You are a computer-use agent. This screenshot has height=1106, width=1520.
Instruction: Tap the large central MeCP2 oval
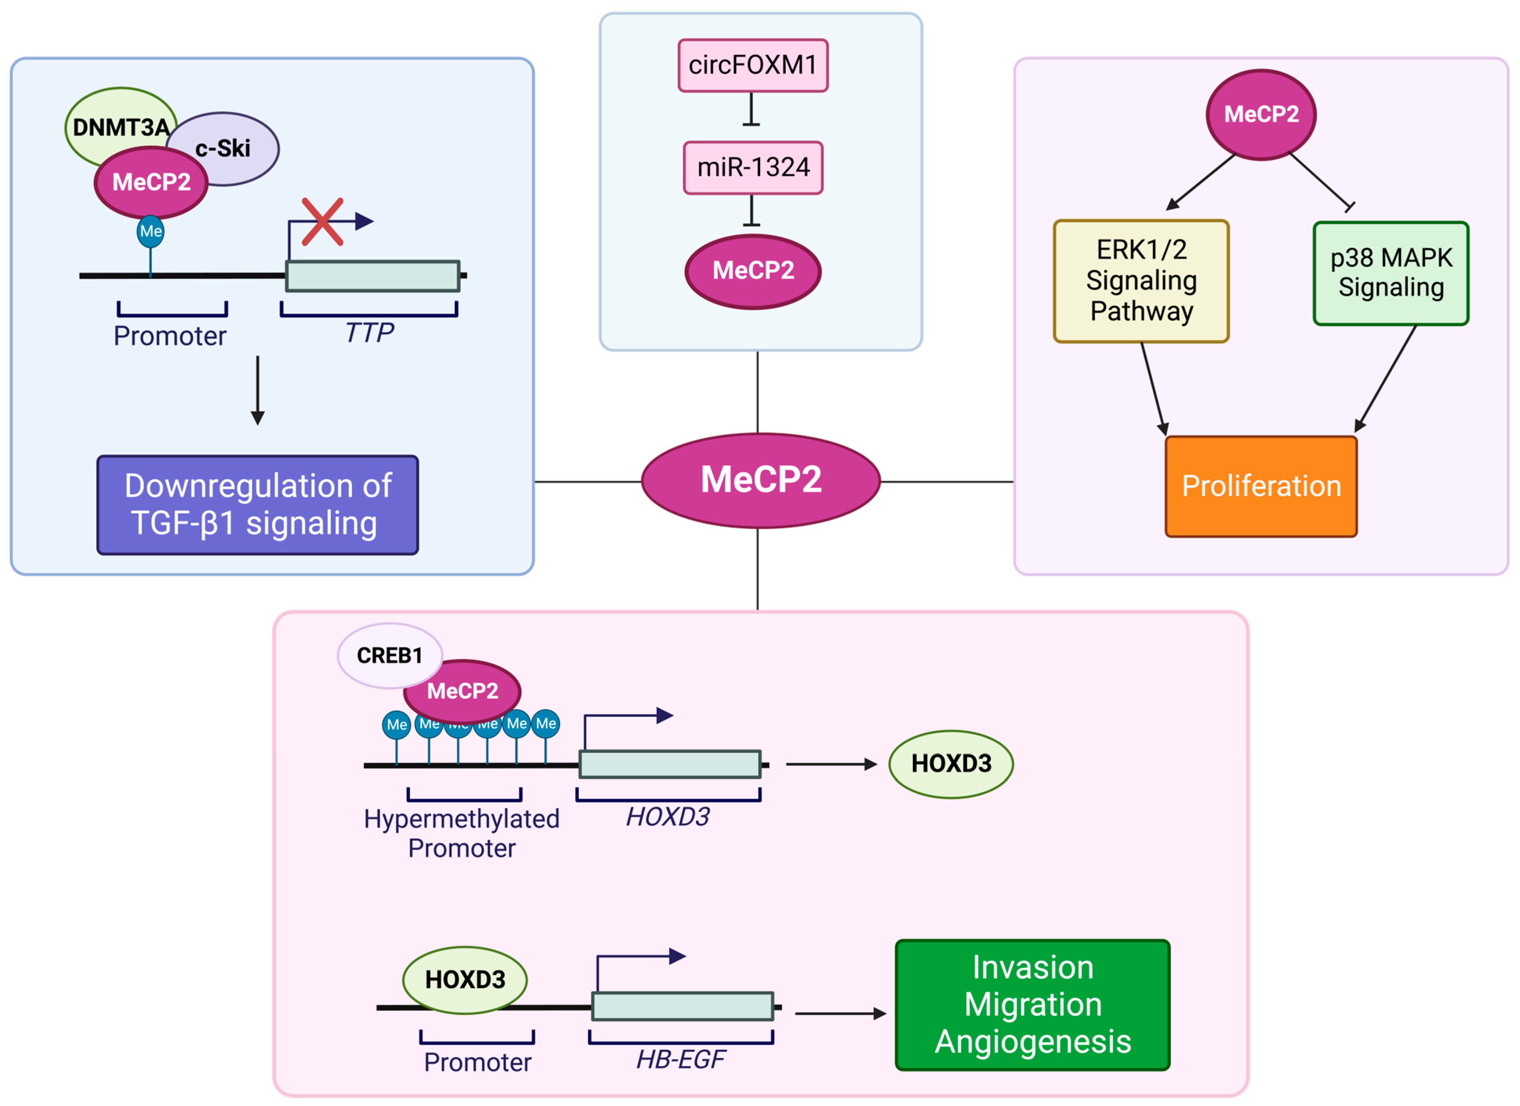tap(761, 480)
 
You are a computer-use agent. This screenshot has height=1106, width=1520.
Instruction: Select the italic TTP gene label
tap(369, 332)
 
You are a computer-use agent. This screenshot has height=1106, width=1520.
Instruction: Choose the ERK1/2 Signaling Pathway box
tap(1141, 281)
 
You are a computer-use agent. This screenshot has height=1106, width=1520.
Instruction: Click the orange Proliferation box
tap(1261, 487)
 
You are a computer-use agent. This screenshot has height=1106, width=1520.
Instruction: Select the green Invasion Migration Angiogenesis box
tap(1033, 1005)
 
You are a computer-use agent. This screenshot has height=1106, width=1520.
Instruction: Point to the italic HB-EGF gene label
tap(681, 1059)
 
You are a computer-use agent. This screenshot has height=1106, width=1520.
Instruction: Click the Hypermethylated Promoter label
tap(462, 833)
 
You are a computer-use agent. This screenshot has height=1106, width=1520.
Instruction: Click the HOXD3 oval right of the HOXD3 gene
tap(951, 764)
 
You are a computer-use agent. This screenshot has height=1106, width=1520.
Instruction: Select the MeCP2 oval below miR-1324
tap(753, 271)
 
